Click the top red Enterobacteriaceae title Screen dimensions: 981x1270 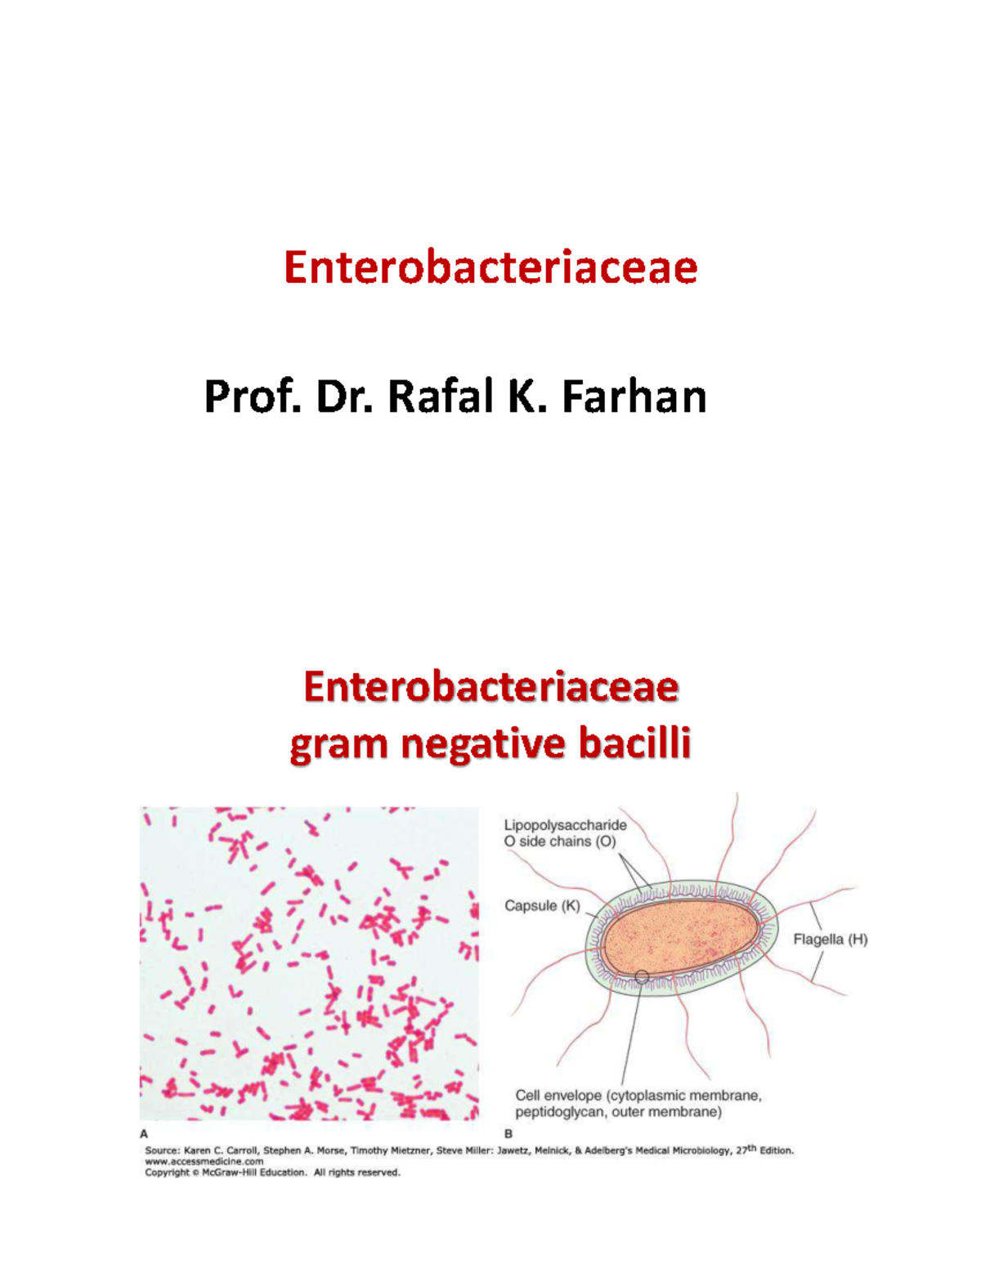tap(490, 267)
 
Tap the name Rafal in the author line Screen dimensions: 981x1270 tap(441, 397)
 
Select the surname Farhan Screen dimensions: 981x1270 tap(634, 397)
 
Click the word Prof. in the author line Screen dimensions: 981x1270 tap(253, 397)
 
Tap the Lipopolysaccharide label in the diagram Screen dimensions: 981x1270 tap(565, 825)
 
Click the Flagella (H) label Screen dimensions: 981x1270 tap(831, 939)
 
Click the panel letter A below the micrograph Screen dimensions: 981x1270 tap(144, 1133)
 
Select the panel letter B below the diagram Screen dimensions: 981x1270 tap(508, 1133)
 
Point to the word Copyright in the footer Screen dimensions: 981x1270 tap(167, 1173)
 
